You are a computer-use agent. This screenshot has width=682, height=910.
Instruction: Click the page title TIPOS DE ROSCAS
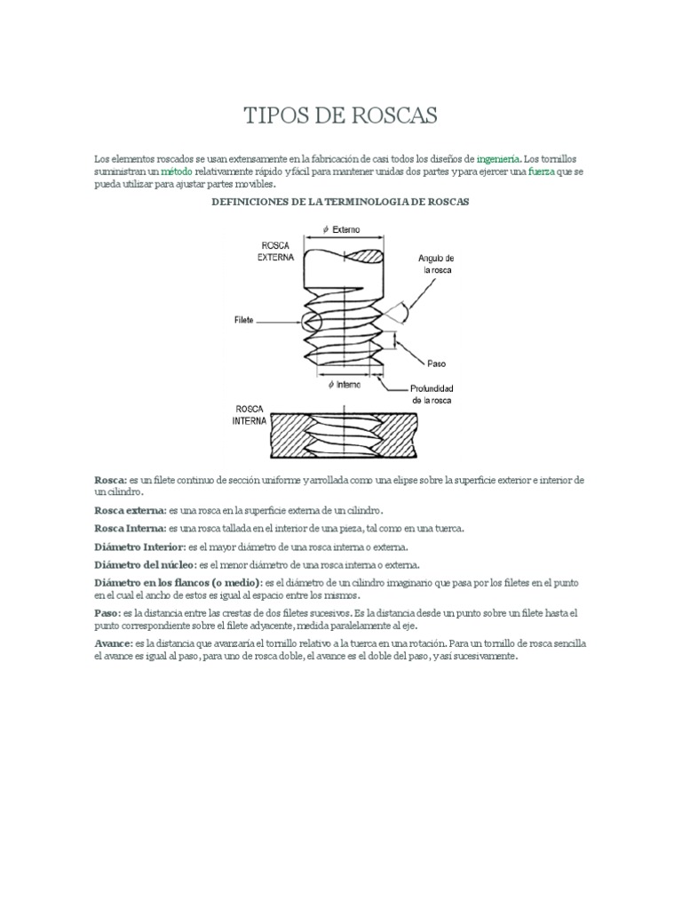341,117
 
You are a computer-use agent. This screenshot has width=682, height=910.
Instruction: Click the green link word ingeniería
500,158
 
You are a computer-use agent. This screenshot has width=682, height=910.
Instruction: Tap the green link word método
176,171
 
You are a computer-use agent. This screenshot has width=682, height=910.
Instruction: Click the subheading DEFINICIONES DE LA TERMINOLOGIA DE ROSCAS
338,203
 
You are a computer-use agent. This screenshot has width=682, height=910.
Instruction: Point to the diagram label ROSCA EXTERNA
274,252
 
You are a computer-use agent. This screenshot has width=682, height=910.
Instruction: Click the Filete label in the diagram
245,316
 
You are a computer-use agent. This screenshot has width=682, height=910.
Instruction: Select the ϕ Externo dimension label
348,229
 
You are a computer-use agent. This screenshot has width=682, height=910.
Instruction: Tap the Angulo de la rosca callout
437,263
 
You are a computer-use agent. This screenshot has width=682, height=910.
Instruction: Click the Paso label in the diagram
435,364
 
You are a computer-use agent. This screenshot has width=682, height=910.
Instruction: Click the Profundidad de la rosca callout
432,394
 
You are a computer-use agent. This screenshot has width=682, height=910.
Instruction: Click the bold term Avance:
113,643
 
